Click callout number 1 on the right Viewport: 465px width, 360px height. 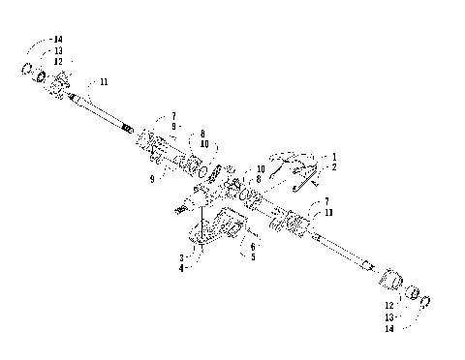point(335,156)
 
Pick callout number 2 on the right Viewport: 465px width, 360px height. point(335,166)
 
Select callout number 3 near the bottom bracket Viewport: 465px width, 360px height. point(180,257)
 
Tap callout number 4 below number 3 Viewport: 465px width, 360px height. point(180,267)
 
